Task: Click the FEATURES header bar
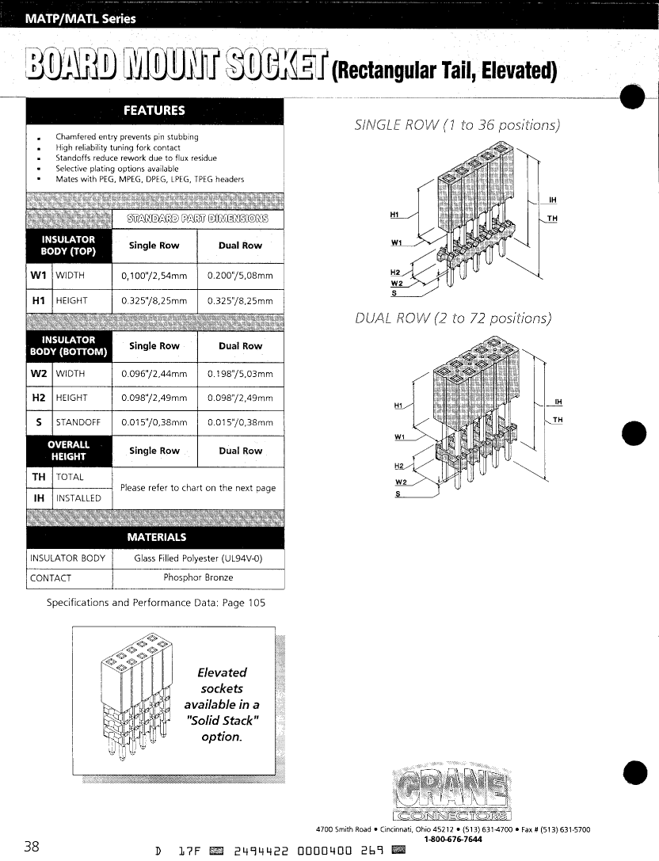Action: [154, 111]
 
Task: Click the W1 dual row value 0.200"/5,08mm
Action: [240, 276]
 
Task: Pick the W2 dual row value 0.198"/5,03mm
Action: [240, 374]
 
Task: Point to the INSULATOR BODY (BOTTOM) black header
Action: [69, 346]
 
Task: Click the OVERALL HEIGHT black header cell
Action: [69, 451]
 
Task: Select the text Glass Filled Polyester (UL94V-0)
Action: [198, 558]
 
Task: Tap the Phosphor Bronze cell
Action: [198, 577]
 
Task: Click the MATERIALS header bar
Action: [154, 537]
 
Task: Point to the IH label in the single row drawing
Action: [551, 199]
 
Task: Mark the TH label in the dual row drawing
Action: [558, 419]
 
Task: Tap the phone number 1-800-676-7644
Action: [452, 839]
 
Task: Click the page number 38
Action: [32, 846]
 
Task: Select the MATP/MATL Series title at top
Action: [79, 19]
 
